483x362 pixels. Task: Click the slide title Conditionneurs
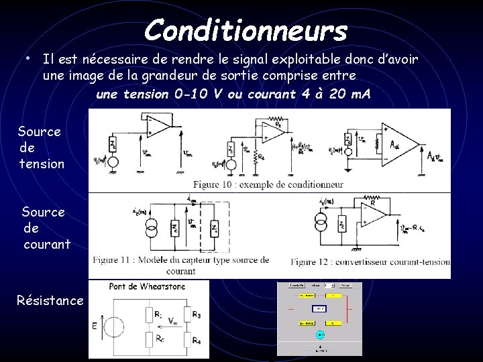[x=246, y=30]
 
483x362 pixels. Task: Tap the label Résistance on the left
[x=50, y=300]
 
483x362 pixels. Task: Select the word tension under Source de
[x=42, y=164]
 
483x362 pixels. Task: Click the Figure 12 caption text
[x=370, y=261]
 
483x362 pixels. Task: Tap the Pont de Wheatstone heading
[x=146, y=287]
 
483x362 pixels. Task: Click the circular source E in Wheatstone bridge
[x=113, y=327]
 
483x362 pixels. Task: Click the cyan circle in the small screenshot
[x=321, y=334]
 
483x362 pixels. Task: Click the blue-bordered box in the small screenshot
[x=321, y=308]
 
